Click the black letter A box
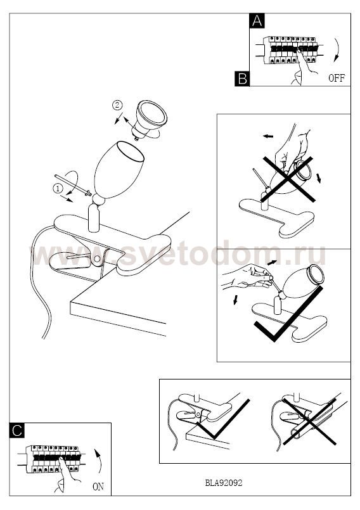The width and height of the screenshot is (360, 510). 257,21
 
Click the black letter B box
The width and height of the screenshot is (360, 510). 242,79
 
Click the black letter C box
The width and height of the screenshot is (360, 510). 17,430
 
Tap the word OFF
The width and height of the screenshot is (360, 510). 337,78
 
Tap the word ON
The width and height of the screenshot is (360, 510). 98,487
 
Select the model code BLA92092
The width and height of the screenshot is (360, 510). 224,483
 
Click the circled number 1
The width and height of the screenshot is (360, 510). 58,188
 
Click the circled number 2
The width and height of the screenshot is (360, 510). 117,105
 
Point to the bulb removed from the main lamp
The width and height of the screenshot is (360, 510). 149,119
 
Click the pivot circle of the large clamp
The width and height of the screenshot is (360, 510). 97,258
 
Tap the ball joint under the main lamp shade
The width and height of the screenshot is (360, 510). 98,199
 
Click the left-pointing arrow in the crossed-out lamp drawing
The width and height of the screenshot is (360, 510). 268,136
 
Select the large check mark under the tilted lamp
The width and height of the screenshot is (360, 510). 289,314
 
